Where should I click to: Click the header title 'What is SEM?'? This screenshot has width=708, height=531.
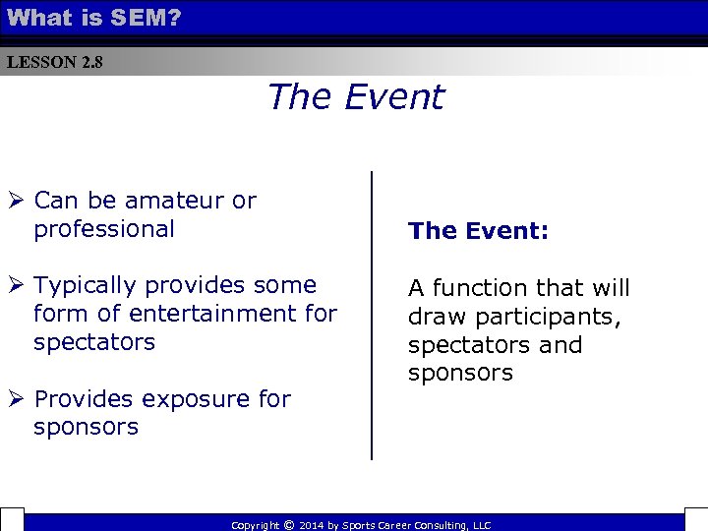[x=93, y=17]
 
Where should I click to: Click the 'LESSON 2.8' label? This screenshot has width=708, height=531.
[x=54, y=63]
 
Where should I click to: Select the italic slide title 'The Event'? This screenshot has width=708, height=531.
[x=355, y=97]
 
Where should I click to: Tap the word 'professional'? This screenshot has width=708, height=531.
[x=103, y=230]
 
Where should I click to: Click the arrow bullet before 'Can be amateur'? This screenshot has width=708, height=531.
[x=16, y=201]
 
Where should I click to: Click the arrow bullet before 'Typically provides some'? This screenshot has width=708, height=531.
[x=16, y=286]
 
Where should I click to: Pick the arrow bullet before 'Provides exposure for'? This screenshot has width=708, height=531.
[x=16, y=399]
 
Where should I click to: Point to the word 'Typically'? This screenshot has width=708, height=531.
[x=85, y=286]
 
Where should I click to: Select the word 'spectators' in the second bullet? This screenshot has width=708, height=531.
[x=93, y=343]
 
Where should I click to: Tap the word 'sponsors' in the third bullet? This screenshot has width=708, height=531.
[x=86, y=428]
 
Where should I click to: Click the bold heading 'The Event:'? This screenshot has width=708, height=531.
[x=479, y=231]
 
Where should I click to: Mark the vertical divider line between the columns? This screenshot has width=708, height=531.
[x=372, y=315]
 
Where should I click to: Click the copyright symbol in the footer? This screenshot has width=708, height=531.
[x=288, y=525]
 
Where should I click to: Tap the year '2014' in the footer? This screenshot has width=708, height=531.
[x=312, y=526]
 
